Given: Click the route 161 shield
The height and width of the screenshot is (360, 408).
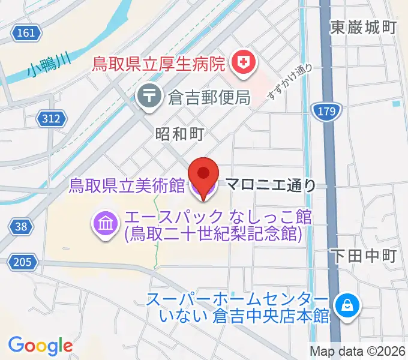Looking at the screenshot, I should click(x=26, y=32).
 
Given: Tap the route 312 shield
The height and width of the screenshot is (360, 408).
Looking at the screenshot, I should click(x=52, y=119).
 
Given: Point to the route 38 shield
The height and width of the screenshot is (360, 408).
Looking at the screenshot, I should click(x=20, y=226).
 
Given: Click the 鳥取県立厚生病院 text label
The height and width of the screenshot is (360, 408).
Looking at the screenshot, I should click(x=158, y=62).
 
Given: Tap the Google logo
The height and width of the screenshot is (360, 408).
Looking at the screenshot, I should click(x=40, y=346).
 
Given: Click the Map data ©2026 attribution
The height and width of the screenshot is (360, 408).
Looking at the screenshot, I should click(x=358, y=351).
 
